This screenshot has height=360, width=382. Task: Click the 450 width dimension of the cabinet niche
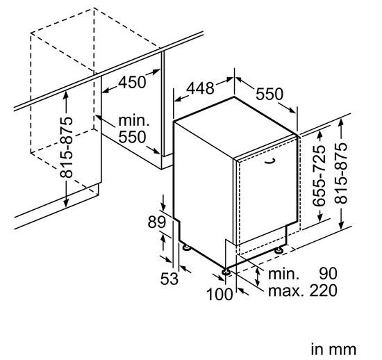pyautogui.click(x=132, y=82)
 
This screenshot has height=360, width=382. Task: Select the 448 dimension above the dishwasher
pyautogui.click(x=200, y=88)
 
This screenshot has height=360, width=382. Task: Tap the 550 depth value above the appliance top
pyautogui.click(x=269, y=94)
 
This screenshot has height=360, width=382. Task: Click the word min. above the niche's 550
pyautogui.click(x=133, y=121)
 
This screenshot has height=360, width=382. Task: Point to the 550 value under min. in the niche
pyautogui.click(x=132, y=137)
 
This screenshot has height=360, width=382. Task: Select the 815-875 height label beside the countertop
pyautogui.click(x=66, y=147)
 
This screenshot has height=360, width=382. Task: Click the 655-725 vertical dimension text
pyautogui.click(x=319, y=176)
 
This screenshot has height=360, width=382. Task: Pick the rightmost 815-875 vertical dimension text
pyautogui.click(x=340, y=173)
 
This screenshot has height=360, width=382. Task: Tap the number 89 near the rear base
pyautogui.click(x=157, y=222)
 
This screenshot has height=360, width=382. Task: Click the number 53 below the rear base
pyautogui.click(x=169, y=279)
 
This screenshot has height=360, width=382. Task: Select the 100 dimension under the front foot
pyautogui.click(x=219, y=294)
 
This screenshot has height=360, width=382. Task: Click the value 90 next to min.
pyautogui.click(x=328, y=273)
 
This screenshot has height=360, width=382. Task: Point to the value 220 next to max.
pyautogui.click(x=324, y=291)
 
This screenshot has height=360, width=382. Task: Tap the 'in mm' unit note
pyautogui.click(x=333, y=350)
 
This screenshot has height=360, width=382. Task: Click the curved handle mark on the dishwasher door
pyautogui.click(x=271, y=161)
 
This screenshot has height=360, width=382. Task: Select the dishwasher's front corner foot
pyautogui.click(x=226, y=272)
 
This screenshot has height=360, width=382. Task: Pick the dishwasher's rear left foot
pyautogui.click(x=187, y=247)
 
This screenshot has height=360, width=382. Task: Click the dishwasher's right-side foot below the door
pyautogui.click(x=279, y=250)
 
